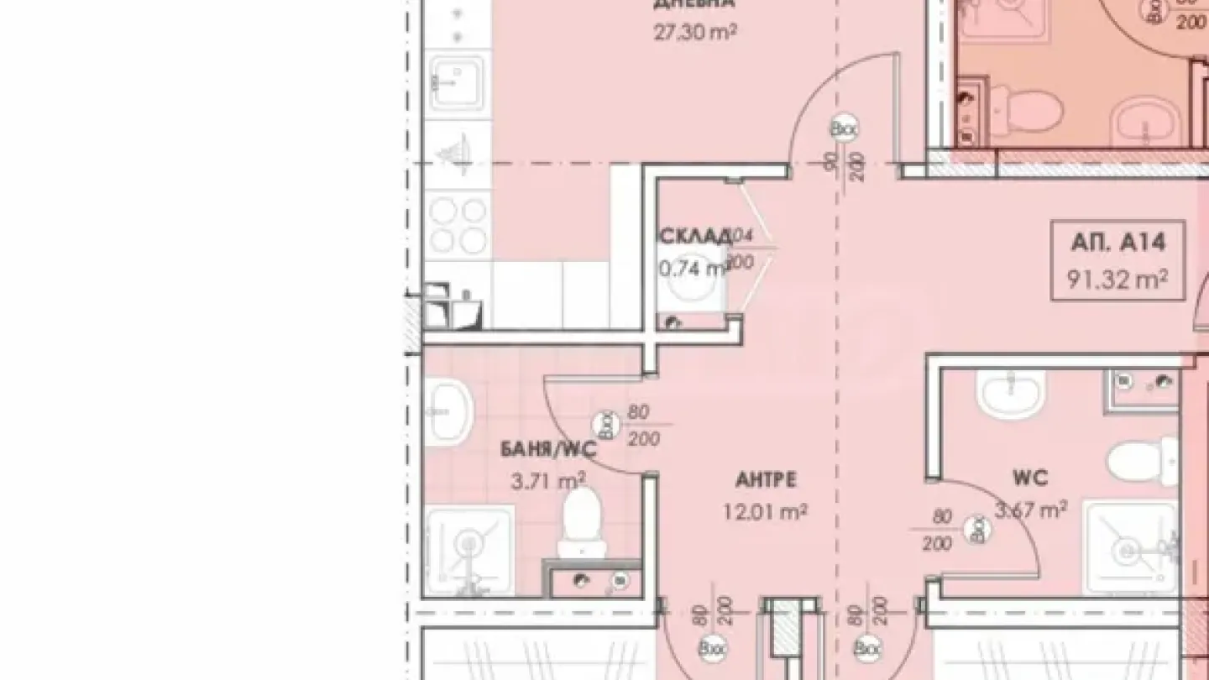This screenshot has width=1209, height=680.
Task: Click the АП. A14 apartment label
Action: [x=1117, y=243]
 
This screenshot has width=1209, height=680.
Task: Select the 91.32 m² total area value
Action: [x=1117, y=279]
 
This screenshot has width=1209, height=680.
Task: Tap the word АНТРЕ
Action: [x=766, y=480]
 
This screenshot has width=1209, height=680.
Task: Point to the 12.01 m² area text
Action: [x=766, y=510]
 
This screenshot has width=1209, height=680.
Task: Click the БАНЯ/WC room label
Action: [x=547, y=449]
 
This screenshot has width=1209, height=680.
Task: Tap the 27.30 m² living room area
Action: [x=694, y=33]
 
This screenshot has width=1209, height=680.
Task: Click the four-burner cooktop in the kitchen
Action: [x=458, y=224]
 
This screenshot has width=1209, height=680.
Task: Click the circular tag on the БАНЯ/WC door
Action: [x=602, y=422]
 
